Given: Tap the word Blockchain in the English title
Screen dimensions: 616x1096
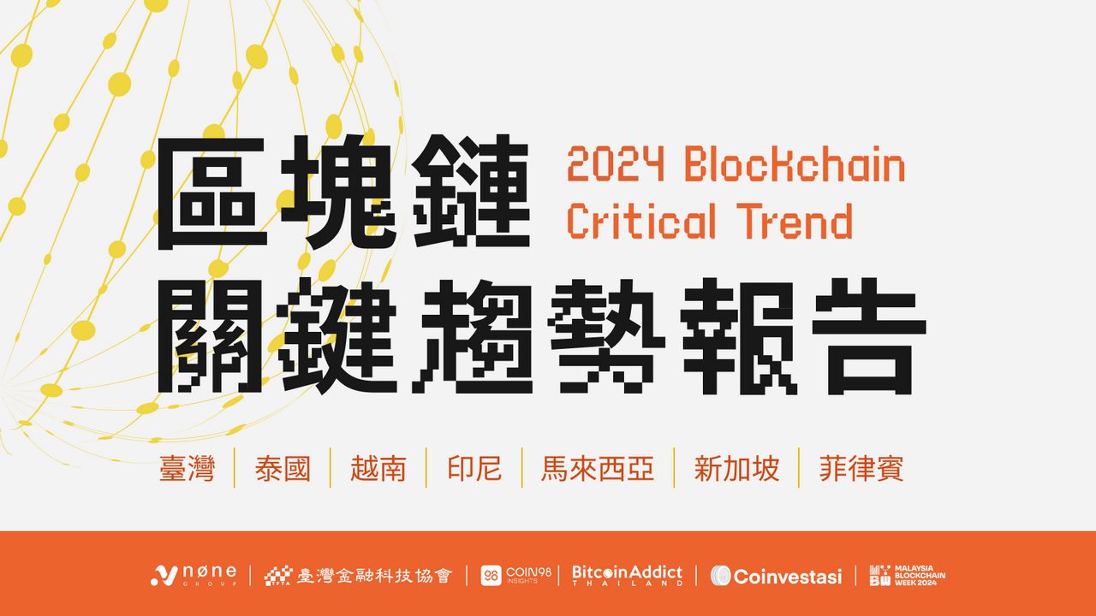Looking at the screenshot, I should coord(795,165).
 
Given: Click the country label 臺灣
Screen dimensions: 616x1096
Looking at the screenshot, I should coord(187,469).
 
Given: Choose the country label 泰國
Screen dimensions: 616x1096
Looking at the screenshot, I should coord(283,469).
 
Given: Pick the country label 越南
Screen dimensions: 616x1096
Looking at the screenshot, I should coord(378,469).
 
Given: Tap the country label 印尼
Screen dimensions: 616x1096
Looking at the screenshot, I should coord(474,469).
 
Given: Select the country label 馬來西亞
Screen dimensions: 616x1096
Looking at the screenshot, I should coord(598,469).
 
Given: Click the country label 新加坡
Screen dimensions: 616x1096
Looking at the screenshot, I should coord(736,469).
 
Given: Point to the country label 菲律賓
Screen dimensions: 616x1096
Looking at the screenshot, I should coord(861,469).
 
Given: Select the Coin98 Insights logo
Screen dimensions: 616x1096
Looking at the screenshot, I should coord(515,575).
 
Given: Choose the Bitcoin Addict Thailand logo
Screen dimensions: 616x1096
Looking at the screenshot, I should coord(627,575).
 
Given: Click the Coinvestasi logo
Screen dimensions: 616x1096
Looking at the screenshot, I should coord(776,575).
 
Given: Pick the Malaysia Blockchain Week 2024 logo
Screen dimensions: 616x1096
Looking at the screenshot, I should coord(907,575).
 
